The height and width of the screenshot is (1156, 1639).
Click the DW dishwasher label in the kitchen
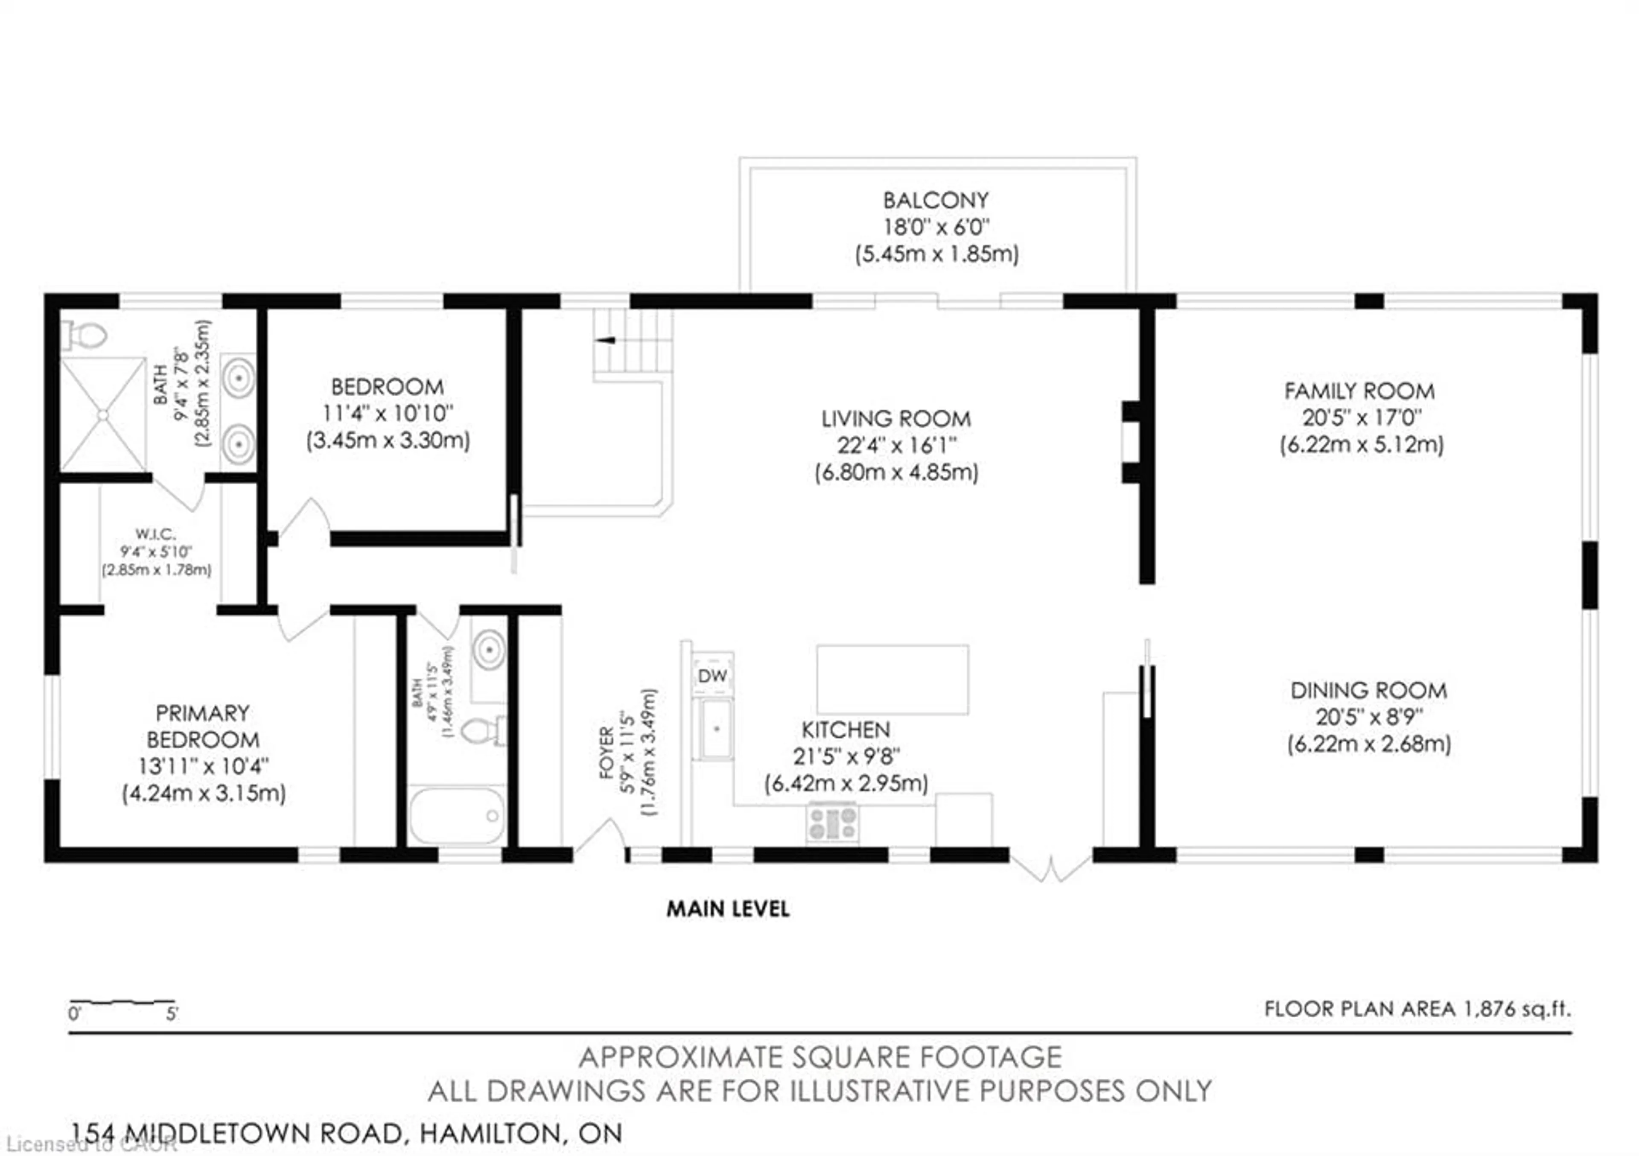(712, 675)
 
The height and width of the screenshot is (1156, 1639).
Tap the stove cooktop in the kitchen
(832, 823)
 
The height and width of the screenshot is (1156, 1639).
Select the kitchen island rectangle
(892, 680)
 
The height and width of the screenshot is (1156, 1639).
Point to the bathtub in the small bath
(457, 815)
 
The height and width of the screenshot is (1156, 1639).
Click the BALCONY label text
(936, 200)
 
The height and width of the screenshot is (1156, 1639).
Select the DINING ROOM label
(1368, 690)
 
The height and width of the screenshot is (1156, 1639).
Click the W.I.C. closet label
(156, 533)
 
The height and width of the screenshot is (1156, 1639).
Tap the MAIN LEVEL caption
(727, 909)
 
